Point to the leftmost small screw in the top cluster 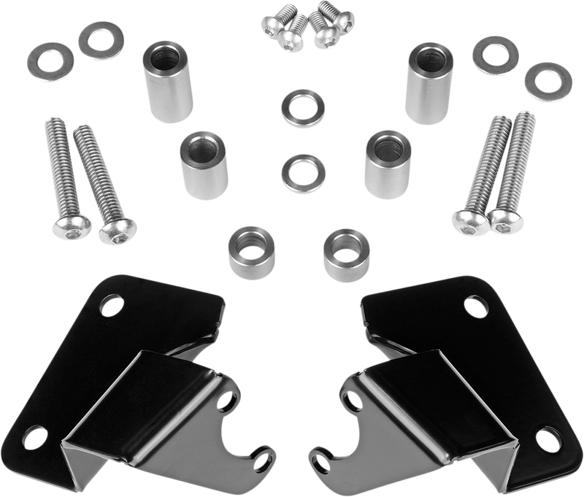[271, 26]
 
